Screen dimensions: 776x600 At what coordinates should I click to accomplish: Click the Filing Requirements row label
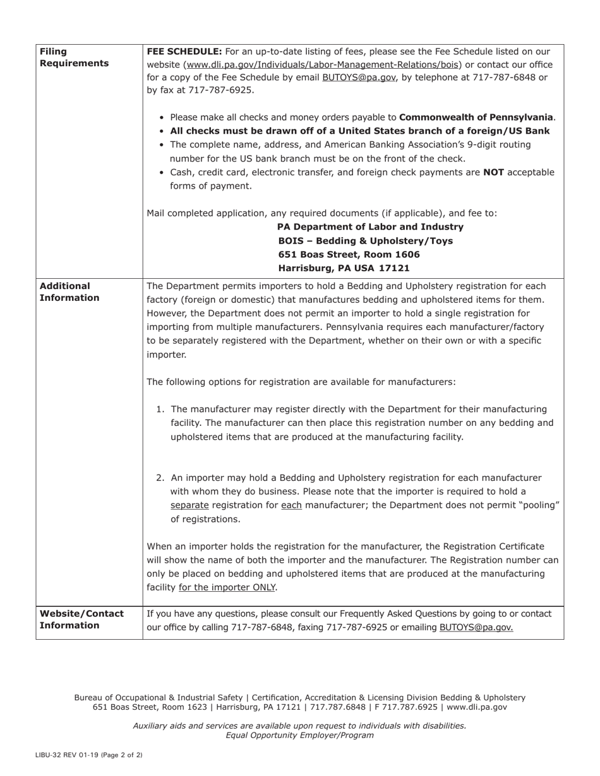(x=74, y=57)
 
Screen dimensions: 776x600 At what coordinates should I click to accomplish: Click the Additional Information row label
(x=69, y=292)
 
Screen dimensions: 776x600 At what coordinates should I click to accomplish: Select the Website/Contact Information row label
(x=81, y=620)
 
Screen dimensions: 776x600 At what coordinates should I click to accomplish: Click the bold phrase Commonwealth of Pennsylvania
(x=476, y=117)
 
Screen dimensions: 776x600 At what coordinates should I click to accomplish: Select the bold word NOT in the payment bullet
(x=493, y=172)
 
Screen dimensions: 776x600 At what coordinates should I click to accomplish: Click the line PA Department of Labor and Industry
(x=370, y=227)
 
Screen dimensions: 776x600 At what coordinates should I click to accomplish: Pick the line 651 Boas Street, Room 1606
(x=349, y=255)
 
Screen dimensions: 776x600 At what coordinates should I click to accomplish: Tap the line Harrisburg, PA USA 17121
(x=344, y=268)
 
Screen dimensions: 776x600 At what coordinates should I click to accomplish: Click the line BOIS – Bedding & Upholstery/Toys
(x=365, y=241)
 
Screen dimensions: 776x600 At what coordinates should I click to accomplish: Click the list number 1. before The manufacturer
(x=161, y=409)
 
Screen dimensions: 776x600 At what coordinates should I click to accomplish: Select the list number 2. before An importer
(x=161, y=478)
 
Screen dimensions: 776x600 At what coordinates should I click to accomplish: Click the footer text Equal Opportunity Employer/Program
(x=299, y=735)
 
